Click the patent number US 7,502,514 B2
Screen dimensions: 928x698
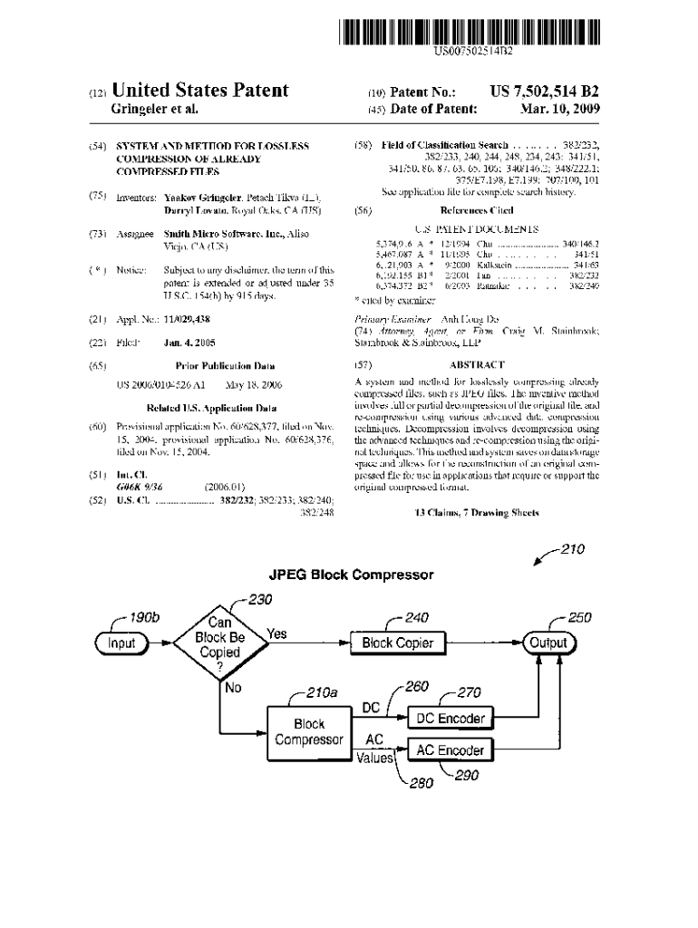coord(544,92)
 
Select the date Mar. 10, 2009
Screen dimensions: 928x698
coord(560,110)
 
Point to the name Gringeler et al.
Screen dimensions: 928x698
coord(154,110)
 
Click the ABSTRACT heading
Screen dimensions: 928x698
coord(476,364)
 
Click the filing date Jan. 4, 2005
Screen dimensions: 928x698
coord(189,343)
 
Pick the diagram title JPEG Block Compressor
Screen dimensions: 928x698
coord(351,575)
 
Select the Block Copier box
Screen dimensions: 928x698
coord(398,643)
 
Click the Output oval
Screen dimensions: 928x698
coord(548,643)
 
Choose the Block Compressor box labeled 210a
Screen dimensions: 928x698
coord(309,732)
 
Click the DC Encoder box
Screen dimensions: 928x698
coord(450,719)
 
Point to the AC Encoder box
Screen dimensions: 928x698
coord(450,750)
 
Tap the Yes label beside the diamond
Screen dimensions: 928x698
coord(277,634)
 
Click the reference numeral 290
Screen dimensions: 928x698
coord(466,775)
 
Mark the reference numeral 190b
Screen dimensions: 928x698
coord(144,618)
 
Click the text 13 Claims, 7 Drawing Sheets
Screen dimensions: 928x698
coord(476,512)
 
